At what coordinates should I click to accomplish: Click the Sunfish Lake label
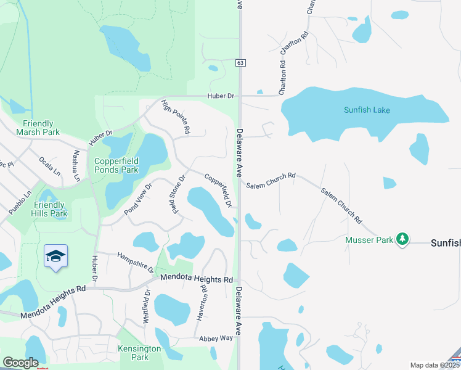tap(367, 110)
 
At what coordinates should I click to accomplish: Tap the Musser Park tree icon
tap(402, 238)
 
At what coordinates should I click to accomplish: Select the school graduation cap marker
tap(55, 257)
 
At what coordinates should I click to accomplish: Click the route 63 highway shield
tap(240, 62)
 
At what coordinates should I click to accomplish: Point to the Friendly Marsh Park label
tap(38, 128)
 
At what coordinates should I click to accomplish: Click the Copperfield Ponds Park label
tap(116, 165)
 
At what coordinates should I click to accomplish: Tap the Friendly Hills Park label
tap(51, 209)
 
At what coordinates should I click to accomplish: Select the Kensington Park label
tap(139, 353)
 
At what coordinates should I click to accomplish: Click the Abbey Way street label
tap(216, 339)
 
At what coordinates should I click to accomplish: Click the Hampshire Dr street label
tap(136, 262)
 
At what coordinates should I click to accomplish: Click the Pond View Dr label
tap(138, 199)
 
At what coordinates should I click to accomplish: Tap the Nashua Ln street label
tap(76, 165)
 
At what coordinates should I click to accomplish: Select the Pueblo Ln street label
tap(20, 203)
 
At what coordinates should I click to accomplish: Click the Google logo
tap(20, 363)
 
